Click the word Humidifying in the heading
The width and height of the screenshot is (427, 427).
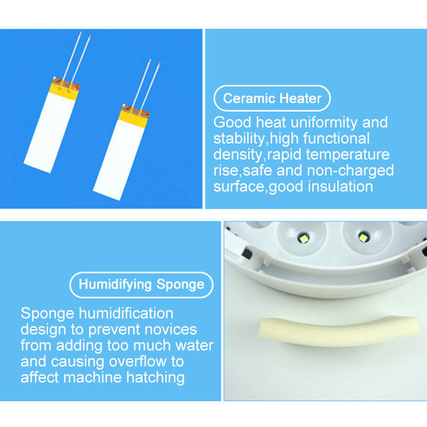[x=115, y=285]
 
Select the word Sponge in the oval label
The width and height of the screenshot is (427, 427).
[x=180, y=285]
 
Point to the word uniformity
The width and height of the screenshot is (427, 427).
[x=324, y=123]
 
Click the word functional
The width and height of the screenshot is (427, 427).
[x=336, y=138]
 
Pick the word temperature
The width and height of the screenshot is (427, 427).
[x=348, y=154]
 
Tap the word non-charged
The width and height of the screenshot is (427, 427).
[x=350, y=170]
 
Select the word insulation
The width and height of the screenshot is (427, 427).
[x=341, y=186]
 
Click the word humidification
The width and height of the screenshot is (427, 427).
[x=126, y=313]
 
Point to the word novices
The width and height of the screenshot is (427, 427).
[x=171, y=329]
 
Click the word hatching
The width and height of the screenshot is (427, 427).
[x=155, y=378]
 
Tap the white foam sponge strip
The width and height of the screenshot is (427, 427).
[x=337, y=330]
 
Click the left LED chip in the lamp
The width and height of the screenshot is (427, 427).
[x=303, y=239]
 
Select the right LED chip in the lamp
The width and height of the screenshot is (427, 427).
[x=363, y=238]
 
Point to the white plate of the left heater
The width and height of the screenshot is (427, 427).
[x=50, y=132]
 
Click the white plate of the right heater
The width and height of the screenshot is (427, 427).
[x=119, y=160]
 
